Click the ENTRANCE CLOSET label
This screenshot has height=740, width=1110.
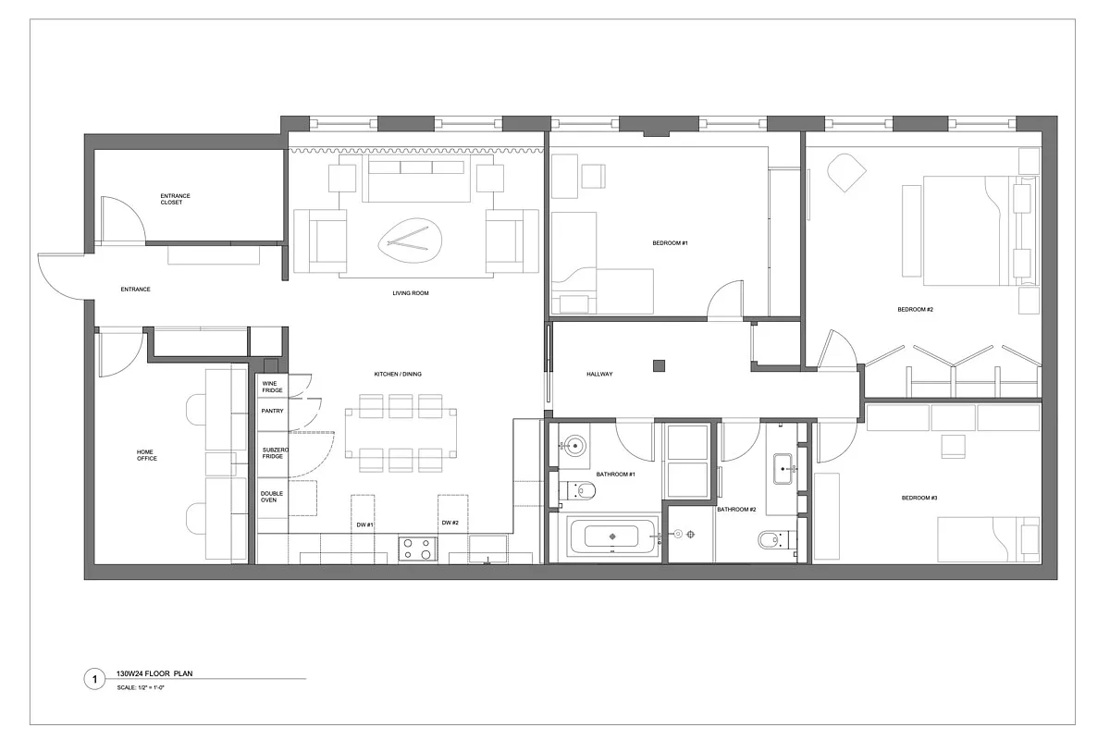point(176,199)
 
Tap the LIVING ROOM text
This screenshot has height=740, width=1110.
point(411,293)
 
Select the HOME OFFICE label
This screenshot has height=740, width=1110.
point(147,455)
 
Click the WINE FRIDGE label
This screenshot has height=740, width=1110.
point(272,387)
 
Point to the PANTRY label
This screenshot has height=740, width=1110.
point(272,411)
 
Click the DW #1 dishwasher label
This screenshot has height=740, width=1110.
point(364,524)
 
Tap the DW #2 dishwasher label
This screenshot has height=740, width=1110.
point(450,524)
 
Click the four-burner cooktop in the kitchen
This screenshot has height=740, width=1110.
point(417,549)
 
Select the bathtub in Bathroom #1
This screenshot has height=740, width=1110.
point(610,537)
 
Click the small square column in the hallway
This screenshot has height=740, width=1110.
point(658,364)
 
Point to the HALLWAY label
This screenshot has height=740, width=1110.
point(599,374)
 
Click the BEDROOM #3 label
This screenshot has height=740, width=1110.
point(919,498)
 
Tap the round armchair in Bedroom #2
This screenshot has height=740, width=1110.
point(845,171)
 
